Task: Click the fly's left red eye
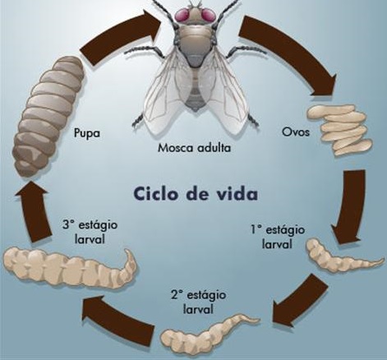tap(183, 15)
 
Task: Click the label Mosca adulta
tap(195, 148)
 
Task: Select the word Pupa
tap(87, 133)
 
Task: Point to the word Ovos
tap(296, 132)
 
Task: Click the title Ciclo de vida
tap(196, 194)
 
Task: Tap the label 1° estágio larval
tap(278, 237)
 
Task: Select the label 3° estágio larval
tap(90, 232)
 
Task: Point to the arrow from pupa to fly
tap(121, 35)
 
